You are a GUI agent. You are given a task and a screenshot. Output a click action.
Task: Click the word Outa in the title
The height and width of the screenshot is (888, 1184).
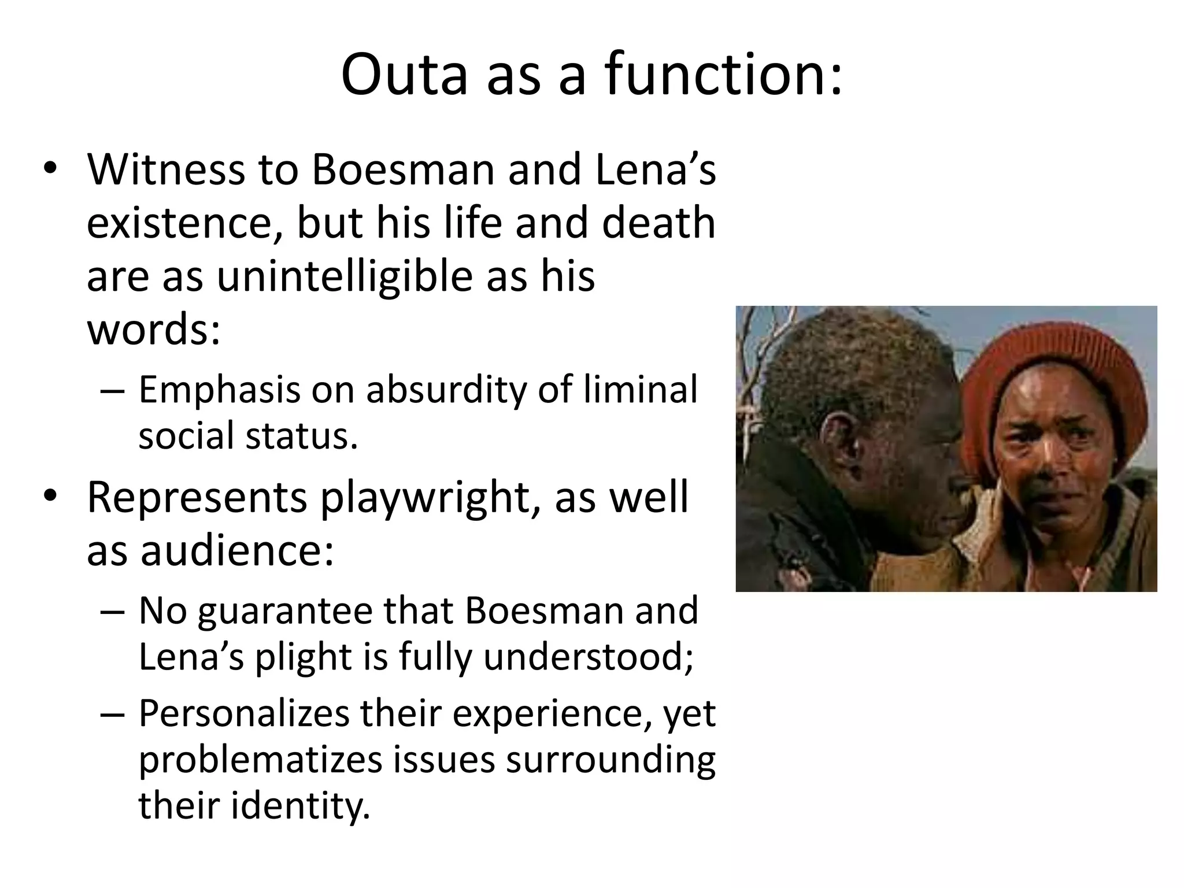pyautogui.click(x=404, y=75)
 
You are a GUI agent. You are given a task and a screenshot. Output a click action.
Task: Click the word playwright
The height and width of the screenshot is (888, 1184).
pyautogui.click(x=424, y=498)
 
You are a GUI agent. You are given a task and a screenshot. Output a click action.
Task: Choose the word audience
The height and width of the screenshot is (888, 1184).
pyautogui.click(x=237, y=550)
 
